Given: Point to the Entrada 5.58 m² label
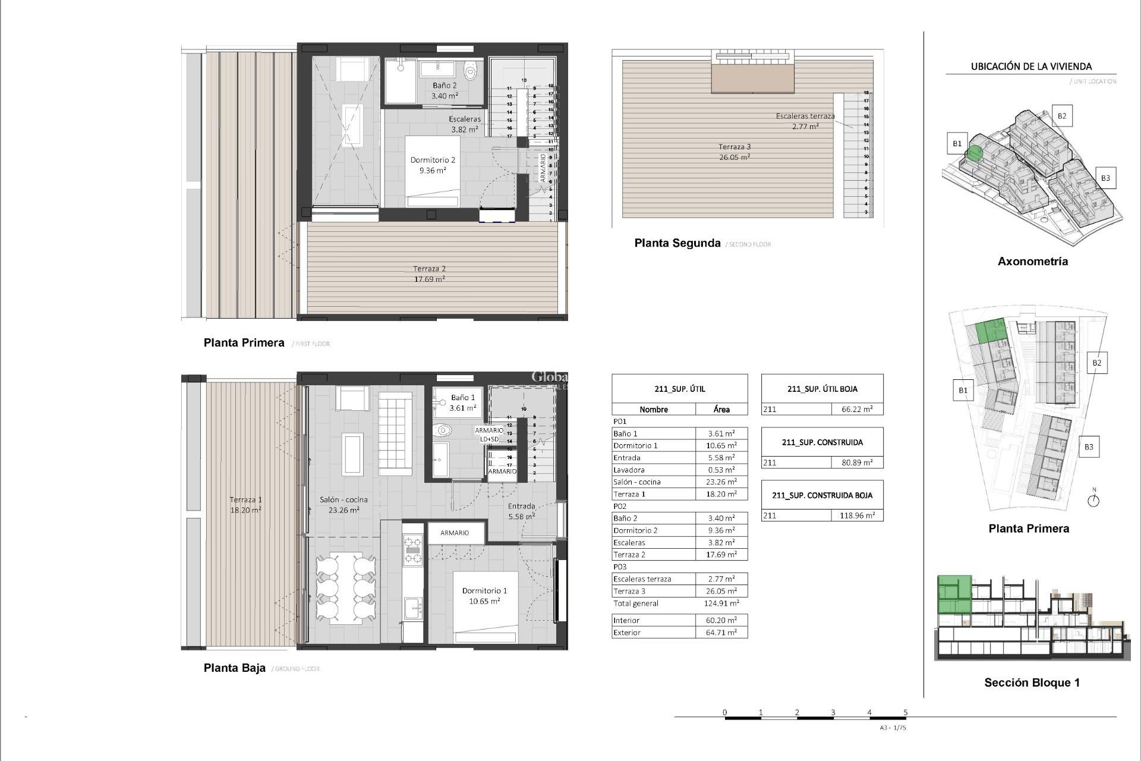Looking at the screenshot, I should [521, 511].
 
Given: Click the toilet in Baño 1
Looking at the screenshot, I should [443, 430].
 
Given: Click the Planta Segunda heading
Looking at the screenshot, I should [677, 243].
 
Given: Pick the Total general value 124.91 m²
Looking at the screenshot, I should [721, 603].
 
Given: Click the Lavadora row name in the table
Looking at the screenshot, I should [629, 470].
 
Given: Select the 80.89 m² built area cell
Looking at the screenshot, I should [856, 463].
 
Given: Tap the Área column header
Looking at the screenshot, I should [721, 409].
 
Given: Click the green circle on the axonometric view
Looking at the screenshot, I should [973, 153].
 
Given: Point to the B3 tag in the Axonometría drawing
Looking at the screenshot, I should [1105, 178].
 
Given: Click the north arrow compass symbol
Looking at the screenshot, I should [1093, 501].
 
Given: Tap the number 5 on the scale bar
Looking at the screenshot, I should [906, 712].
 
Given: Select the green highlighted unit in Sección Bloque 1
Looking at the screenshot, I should [954, 595].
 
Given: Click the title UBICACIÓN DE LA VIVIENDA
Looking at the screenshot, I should [1031, 67].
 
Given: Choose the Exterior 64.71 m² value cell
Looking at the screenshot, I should [721, 633].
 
